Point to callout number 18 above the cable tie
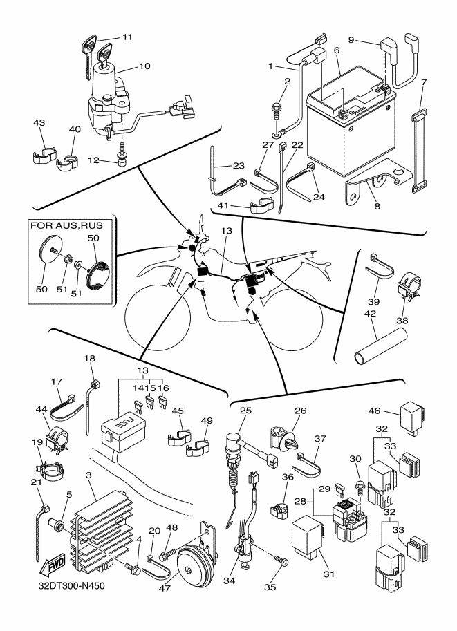(x=89, y=359)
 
